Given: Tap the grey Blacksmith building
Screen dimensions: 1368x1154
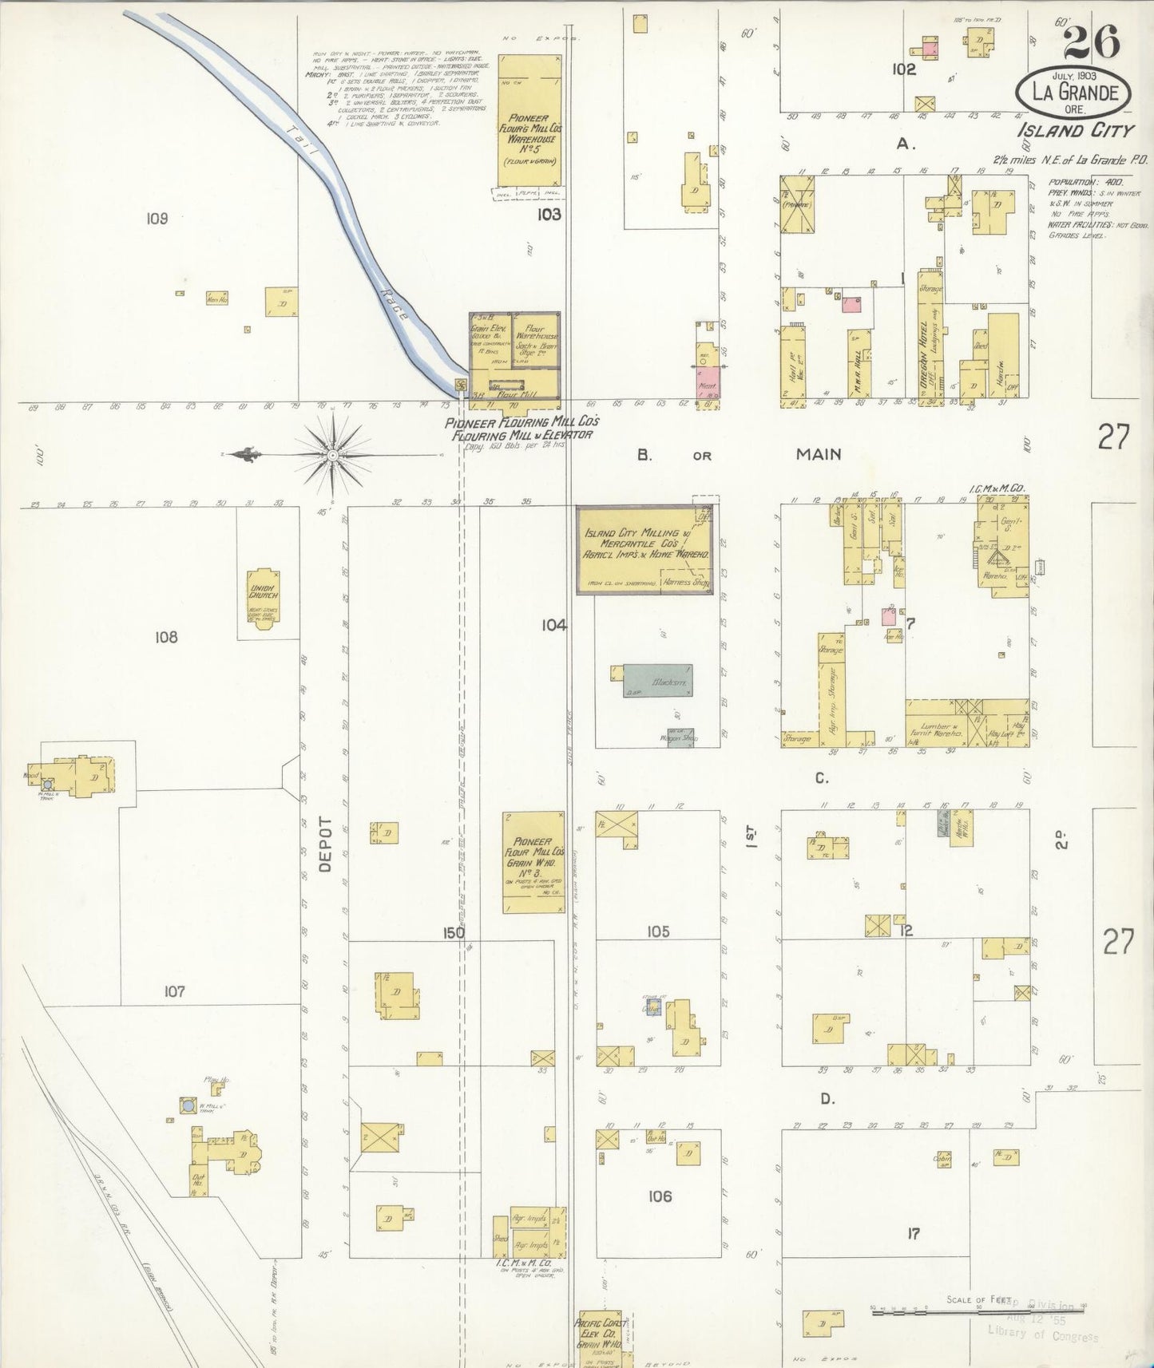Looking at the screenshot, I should (x=657, y=680).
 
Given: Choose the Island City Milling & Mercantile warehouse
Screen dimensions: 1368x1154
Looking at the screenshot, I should (x=646, y=549).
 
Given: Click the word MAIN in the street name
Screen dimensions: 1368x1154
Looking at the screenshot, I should (x=819, y=454).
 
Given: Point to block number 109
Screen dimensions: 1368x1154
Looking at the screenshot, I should (x=157, y=217).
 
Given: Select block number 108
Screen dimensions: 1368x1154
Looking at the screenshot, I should (x=166, y=637).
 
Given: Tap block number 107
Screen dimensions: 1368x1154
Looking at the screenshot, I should (x=174, y=991).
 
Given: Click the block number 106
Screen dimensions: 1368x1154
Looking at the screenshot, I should (x=660, y=1196).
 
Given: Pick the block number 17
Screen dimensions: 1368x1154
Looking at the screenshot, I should (x=913, y=1233).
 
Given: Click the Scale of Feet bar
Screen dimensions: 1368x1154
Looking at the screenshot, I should (x=978, y=1311).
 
